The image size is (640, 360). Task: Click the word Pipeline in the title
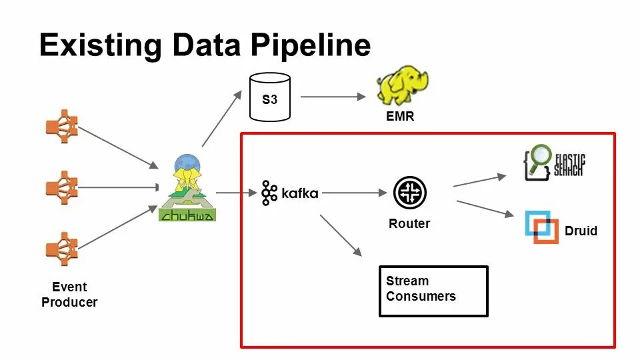tap(310, 45)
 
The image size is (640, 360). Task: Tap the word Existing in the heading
tap(101, 45)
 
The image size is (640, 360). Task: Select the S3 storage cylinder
tap(270, 97)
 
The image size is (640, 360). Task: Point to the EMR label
tap(400, 116)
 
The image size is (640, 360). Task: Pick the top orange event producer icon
tap(62, 126)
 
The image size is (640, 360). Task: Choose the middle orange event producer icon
tap(62, 188)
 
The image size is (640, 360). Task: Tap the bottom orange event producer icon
tap(62, 249)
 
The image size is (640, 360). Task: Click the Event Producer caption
tap(69, 294)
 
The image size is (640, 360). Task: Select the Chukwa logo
tap(187, 188)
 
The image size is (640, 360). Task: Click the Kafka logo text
tap(300, 193)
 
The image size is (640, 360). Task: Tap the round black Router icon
tap(410, 193)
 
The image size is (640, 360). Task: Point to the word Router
tap(409, 224)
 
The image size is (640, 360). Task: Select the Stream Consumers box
tap(433, 291)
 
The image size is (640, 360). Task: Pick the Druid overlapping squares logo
tap(541, 227)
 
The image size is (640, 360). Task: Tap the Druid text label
tap(581, 231)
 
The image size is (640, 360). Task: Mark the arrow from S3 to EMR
tap(333, 97)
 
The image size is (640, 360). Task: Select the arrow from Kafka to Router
tap(354, 193)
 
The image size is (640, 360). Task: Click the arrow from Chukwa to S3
tap(222, 119)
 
